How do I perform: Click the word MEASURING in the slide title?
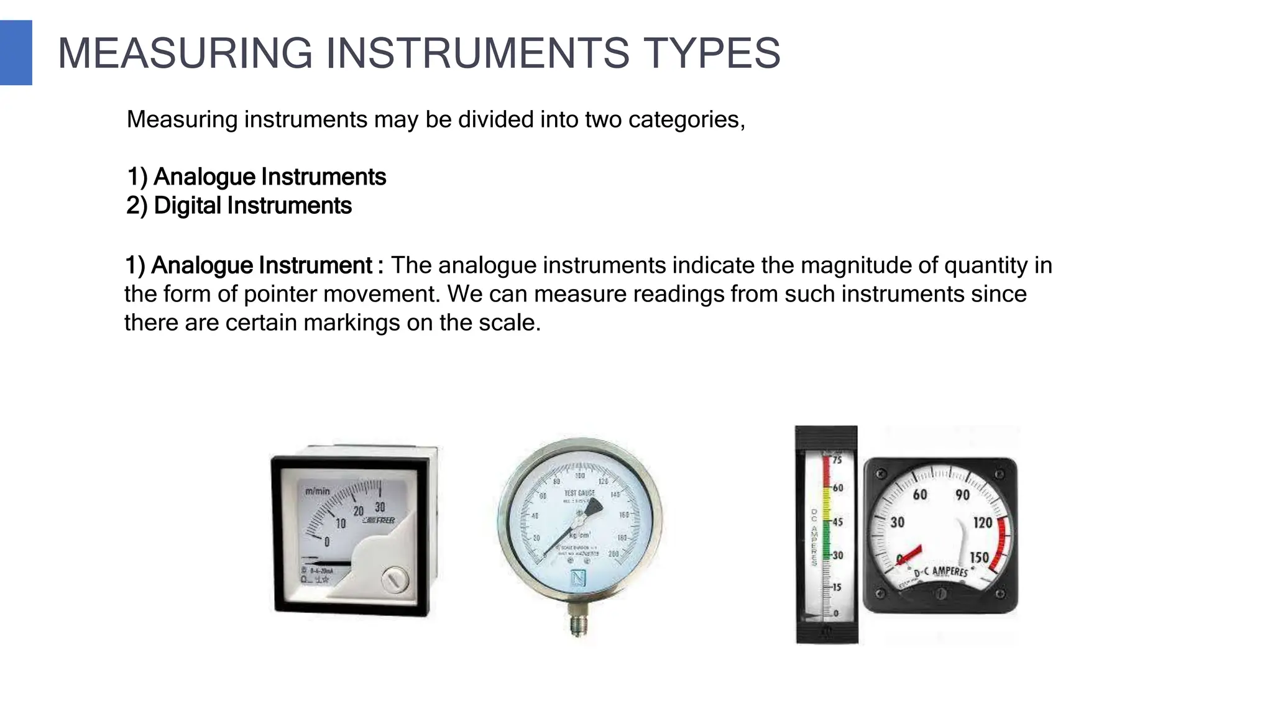tap(185, 53)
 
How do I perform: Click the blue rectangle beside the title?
tap(16, 53)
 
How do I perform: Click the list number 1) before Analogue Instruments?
tap(137, 177)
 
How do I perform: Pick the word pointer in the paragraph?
tap(281, 294)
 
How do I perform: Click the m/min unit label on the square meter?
tap(318, 491)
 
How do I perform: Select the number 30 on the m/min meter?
tap(380, 507)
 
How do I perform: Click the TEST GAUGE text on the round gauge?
tap(579, 493)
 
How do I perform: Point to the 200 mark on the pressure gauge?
tap(614, 554)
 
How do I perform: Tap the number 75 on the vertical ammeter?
tap(837, 460)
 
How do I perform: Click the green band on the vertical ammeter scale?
tap(826, 547)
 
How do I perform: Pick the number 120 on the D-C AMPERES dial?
tap(982, 522)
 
